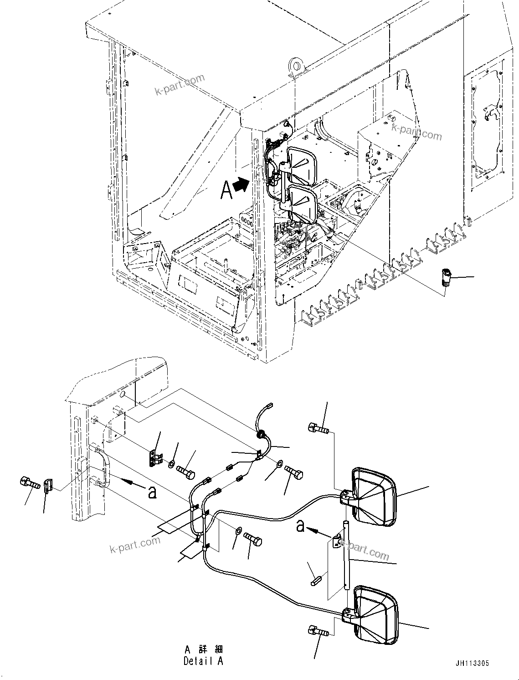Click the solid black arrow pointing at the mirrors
tap(241, 185)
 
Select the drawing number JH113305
tap(471, 663)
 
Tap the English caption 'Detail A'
tap(203, 661)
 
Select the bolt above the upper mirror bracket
tap(318, 428)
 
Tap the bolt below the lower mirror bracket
tap(319, 632)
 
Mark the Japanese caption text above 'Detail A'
tap(204, 649)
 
